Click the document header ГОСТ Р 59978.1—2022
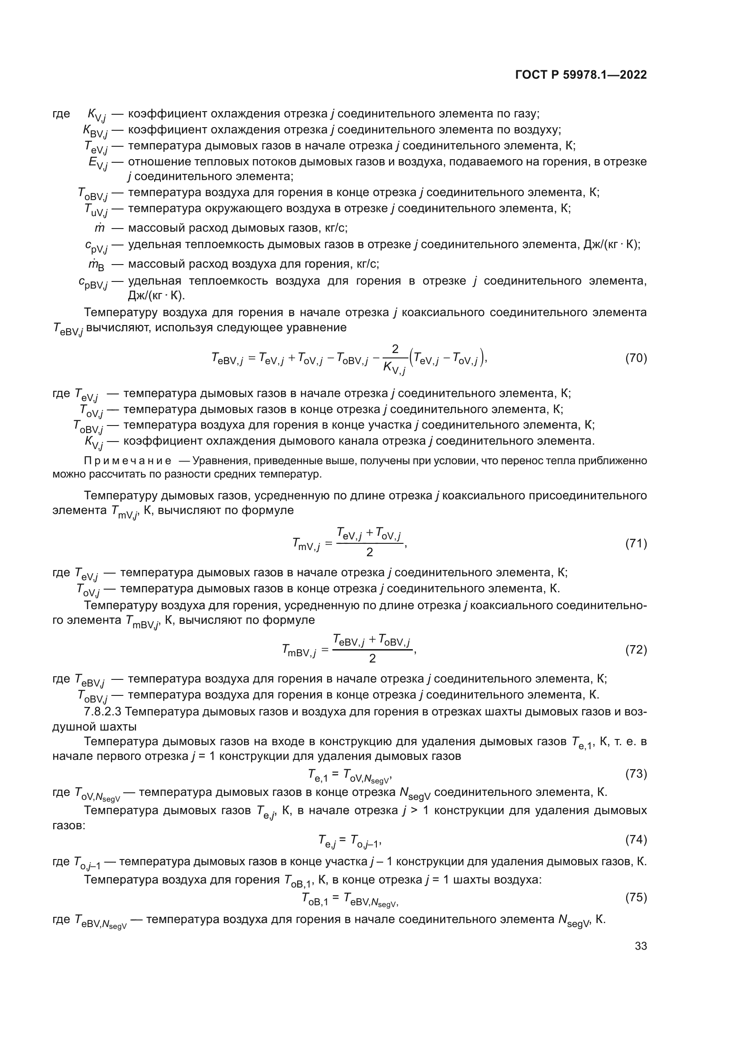tap(581, 75)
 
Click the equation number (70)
tap(636, 358)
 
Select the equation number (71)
tap(636, 543)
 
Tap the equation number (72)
tap(636, 650)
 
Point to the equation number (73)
tap(636, 774)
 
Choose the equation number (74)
tap(636, 839)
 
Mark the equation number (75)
tap(636, 897)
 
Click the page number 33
tap(641, 946)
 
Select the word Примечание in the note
tap(128, 461)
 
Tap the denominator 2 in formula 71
tap(370, 552)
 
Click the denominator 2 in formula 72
tap(372, 659)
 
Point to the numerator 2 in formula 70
tap(395, 349)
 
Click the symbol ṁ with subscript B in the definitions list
tap(96, 265)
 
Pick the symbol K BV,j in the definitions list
tap(95, 131)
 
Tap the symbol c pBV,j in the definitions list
tap(93, 283)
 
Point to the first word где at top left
tap(61, 113)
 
